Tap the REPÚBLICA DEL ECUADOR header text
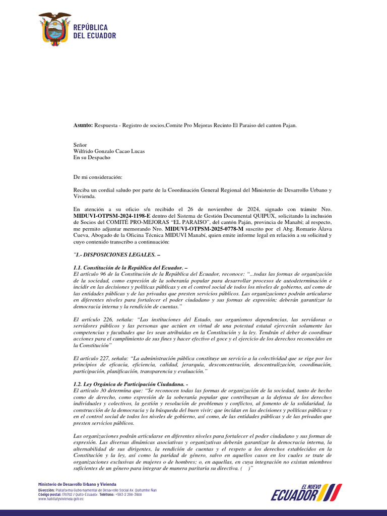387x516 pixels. pos(95,31)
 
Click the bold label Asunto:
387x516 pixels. pos(84,125)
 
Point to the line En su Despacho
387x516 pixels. pos(92,157)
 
